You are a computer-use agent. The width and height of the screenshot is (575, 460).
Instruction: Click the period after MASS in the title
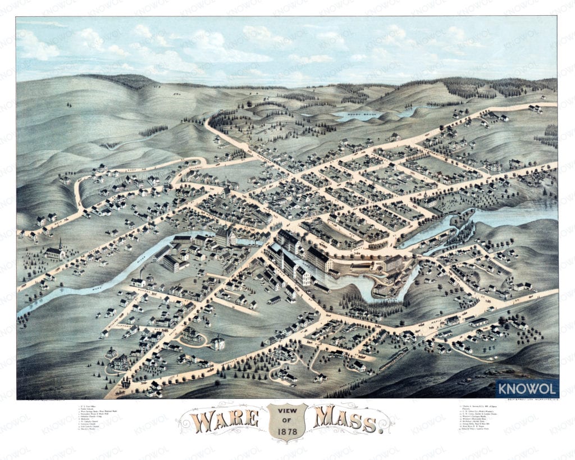(384, 430)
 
